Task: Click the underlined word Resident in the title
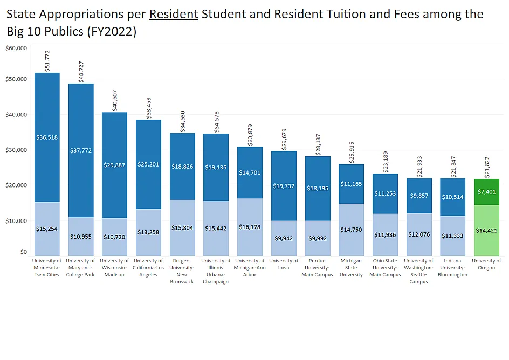[x=173, y=14]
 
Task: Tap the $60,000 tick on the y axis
[x=16, y=48]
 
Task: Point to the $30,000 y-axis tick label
[x=16, y=150]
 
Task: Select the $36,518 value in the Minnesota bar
[x=47, y=137]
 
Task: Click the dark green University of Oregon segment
[x=486, y=192]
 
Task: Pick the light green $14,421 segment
[x=486, y=230]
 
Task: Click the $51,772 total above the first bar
[x=47, y=60]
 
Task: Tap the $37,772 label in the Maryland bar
[x=81, y=150]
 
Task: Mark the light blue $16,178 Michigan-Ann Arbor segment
[x=250, y=227]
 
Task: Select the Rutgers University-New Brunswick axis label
[x=182, y=271]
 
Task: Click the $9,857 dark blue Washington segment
[x=419, y=196]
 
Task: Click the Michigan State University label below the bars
[x=352, y=268]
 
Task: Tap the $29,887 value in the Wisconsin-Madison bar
[x=114, y=165]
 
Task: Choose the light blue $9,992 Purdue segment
[x=318, y=238]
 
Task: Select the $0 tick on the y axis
[x=23, y=252]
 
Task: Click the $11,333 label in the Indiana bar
[x=453, y=236]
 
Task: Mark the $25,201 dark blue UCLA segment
[x=148, y=164]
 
